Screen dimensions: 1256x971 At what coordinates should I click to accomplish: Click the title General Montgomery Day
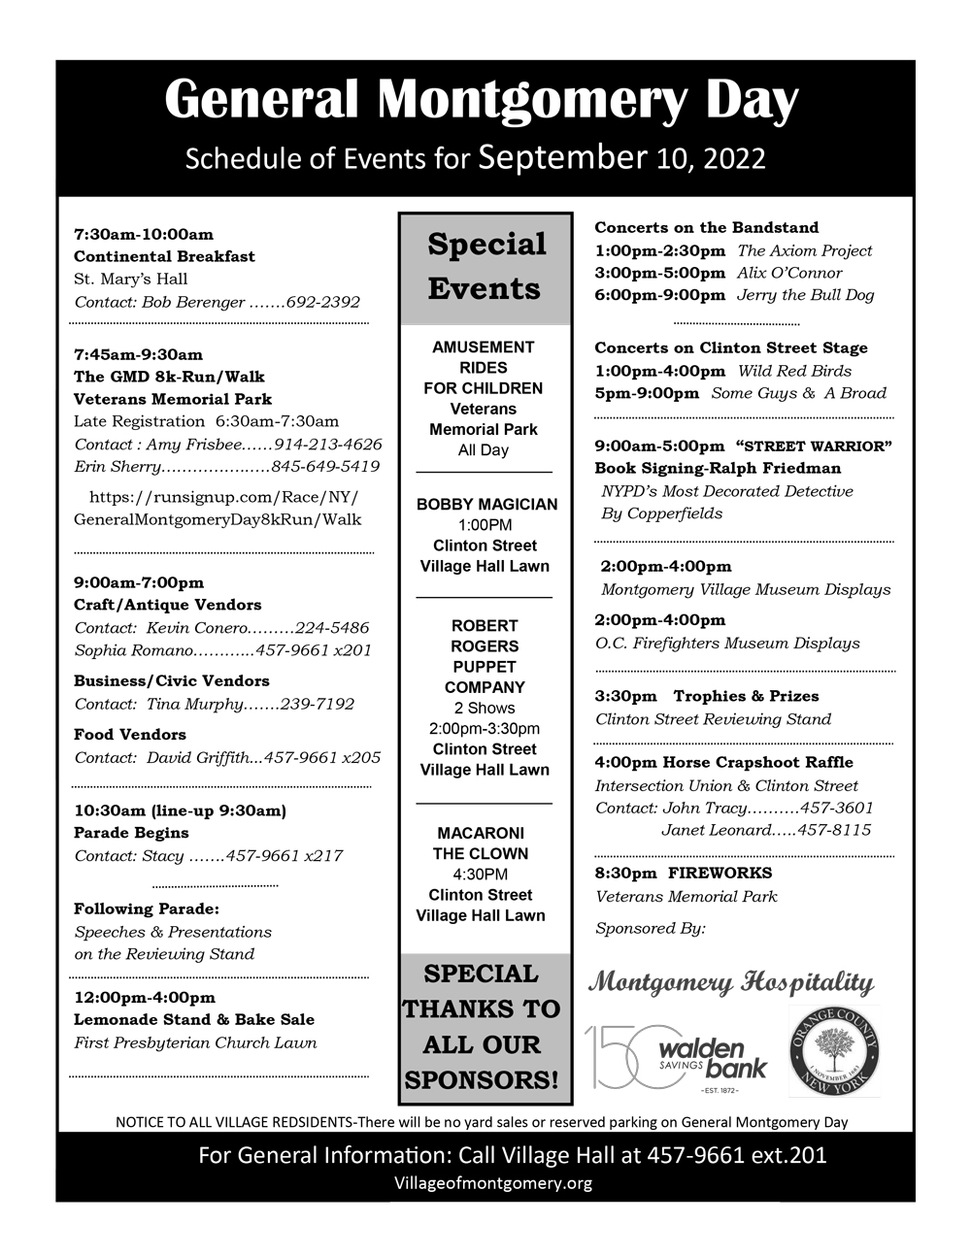482,101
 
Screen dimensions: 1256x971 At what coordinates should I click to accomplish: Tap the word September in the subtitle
562,157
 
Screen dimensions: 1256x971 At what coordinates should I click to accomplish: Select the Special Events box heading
485,266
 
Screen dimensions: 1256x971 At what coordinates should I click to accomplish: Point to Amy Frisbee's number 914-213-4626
328,444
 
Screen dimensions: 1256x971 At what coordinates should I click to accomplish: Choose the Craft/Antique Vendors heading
168,605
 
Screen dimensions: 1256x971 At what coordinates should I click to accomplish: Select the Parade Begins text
131,833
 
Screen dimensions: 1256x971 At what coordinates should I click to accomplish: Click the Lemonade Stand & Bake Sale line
194,1019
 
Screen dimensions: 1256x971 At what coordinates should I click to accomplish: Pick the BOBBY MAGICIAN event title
486,505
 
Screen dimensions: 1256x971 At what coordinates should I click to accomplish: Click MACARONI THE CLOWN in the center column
482,843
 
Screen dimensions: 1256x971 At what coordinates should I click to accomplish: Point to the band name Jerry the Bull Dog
805,295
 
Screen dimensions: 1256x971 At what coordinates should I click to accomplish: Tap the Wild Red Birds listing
794,371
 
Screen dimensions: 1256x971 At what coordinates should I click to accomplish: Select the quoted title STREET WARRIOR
815,446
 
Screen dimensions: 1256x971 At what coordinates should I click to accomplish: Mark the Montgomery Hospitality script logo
731,982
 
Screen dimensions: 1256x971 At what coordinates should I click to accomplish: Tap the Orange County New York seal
834,1052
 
